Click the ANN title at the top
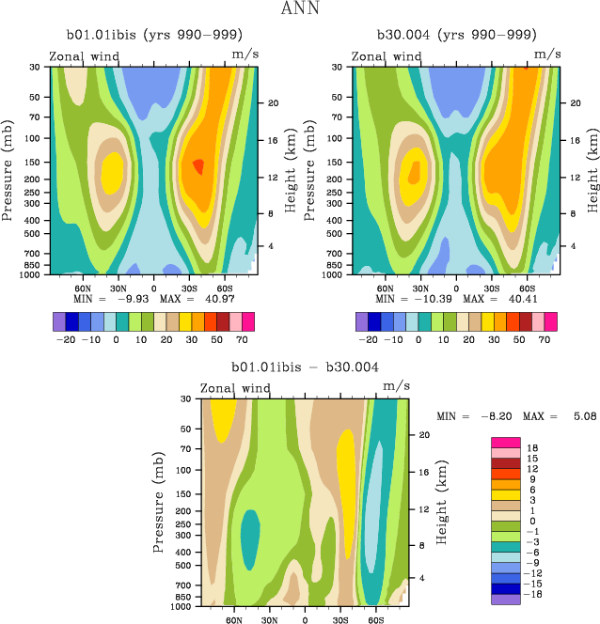tap(301, 9)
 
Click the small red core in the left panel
tap(198, 166)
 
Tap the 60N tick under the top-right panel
tap(385, 289)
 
